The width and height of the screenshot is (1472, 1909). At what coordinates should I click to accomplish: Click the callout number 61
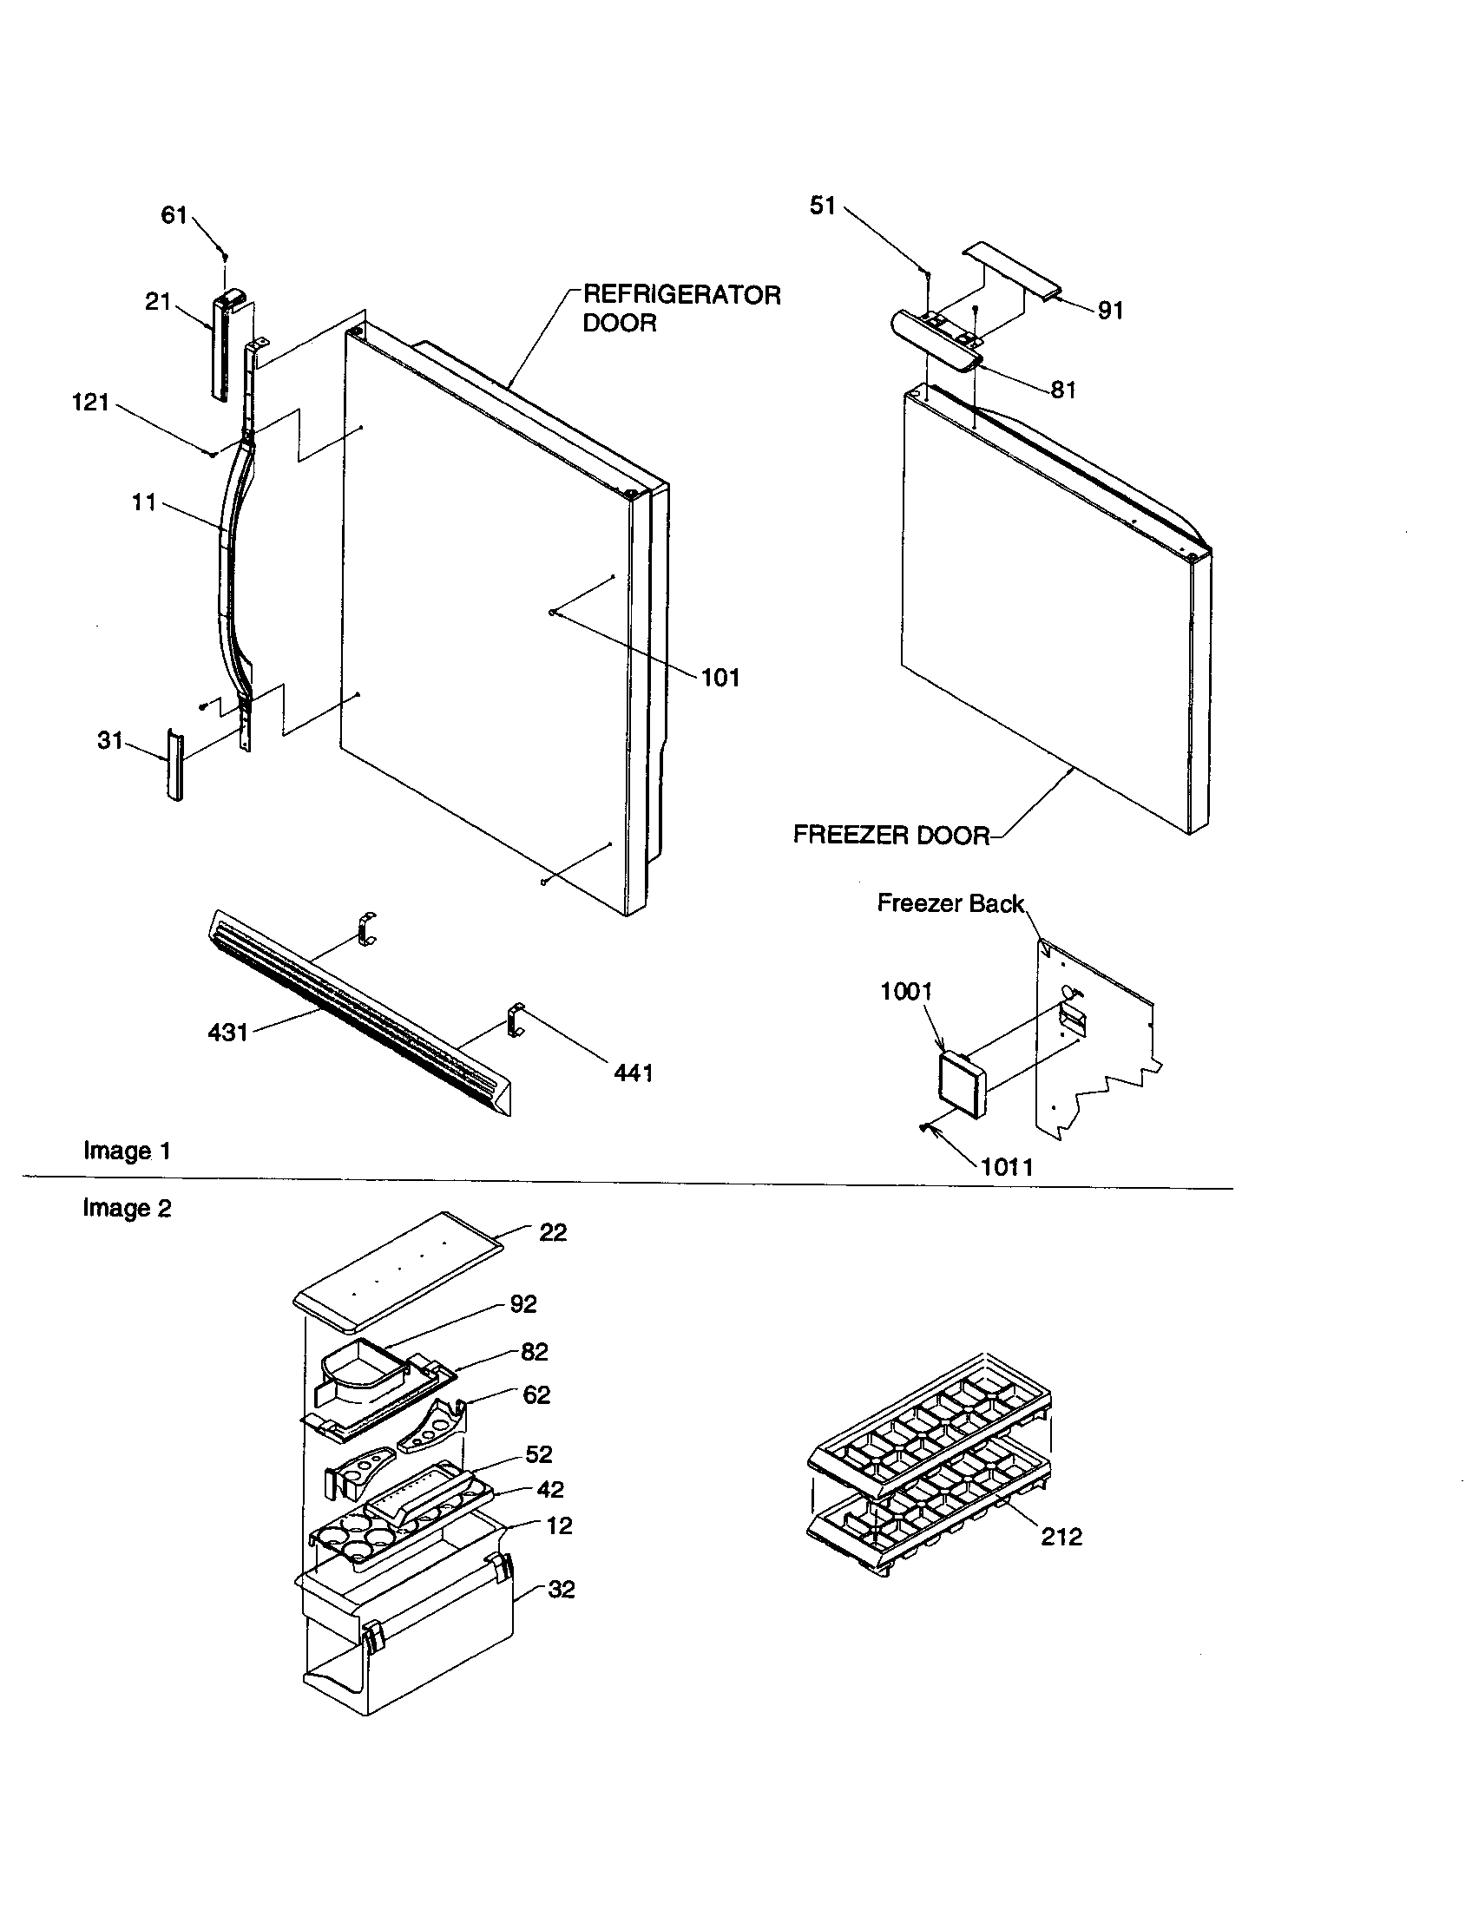coord(174,215)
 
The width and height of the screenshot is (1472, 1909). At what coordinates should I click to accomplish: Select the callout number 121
coord(90,403)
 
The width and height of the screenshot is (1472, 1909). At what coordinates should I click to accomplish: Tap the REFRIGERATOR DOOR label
coord(681,309)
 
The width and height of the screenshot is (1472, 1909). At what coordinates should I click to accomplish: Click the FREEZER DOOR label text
coord(890,835)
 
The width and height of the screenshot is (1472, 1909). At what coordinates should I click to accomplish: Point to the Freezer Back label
coord(950,904)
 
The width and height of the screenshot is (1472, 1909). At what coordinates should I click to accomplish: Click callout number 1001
coord(905,991)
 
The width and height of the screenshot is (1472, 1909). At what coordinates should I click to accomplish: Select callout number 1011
coord(1007,1167)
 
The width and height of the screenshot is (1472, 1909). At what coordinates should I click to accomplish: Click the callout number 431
coord(227,1033)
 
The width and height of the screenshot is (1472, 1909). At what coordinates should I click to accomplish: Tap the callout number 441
coord(634,1073)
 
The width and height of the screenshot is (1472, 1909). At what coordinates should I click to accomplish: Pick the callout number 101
coord(720,678)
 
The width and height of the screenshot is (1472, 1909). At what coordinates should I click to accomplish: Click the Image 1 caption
coord(127,1151)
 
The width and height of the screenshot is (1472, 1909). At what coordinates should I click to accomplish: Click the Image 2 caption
coord(127,1209)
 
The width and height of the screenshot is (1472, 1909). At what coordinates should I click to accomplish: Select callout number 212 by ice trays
coord(1061,1537)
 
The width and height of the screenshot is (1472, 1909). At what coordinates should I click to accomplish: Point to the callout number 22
coord(553,1232)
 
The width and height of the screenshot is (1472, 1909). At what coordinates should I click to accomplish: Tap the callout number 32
coord(562,1590)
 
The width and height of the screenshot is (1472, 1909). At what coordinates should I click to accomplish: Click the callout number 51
coord(823,207)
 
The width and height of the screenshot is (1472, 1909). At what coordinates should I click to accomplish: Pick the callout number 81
coord(1063,390)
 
